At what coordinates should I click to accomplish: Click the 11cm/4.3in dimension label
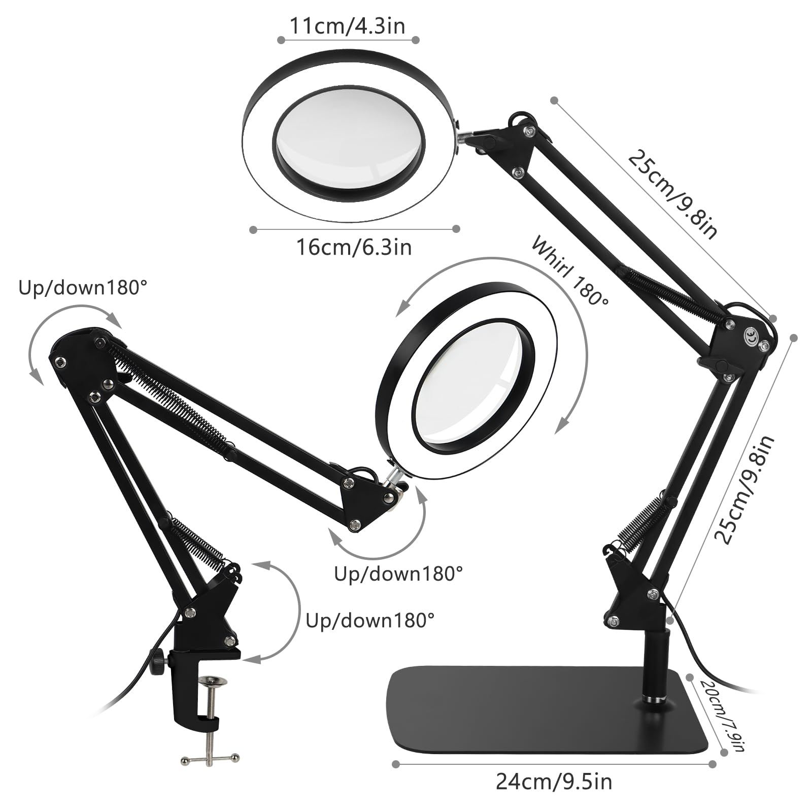[348, 26]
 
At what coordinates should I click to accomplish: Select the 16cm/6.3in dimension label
[354, 248]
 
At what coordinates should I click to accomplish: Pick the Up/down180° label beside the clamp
[370, 620]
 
